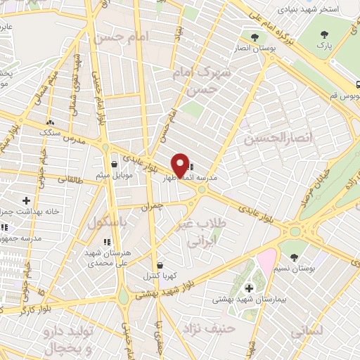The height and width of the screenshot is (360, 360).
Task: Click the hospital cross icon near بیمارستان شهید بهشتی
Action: (250, 288)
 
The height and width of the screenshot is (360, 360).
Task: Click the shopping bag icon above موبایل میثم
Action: (114, 165)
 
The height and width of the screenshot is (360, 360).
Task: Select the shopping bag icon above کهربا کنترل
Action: (160, 266)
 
